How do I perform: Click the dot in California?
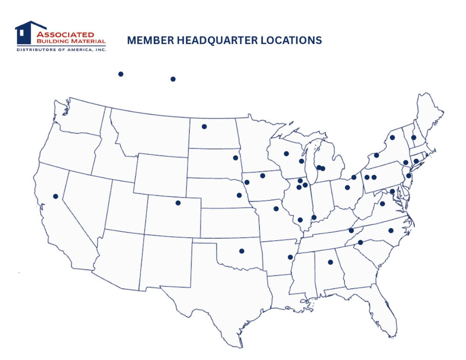55,197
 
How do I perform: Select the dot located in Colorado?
178,203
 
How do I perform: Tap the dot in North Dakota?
204,127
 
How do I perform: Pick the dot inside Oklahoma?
241,251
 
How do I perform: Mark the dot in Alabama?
330,262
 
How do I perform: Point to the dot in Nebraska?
239,196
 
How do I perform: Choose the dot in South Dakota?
235,158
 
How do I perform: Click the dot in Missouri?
276,209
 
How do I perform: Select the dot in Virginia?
383,204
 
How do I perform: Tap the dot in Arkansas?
290,257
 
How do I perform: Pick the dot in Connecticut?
416,161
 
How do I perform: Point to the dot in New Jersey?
409,176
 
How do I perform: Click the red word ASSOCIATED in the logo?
65,34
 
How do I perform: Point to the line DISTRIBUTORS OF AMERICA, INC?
61,49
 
